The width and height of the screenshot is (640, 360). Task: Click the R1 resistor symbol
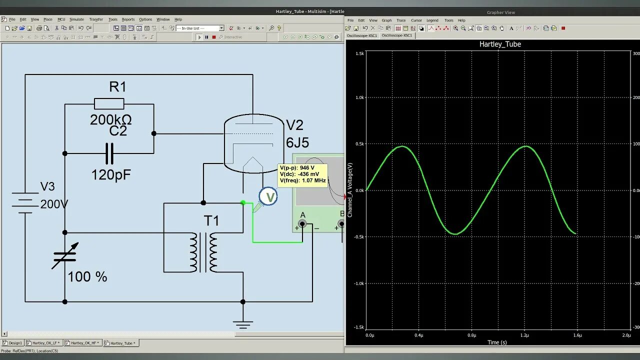coord(109,104)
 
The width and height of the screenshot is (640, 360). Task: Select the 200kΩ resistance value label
coord(111,120)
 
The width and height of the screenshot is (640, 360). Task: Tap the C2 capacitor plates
coord(109,153)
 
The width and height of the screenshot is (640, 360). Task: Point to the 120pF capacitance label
coord(111,175)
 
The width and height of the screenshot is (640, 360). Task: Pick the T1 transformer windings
coord(203,252)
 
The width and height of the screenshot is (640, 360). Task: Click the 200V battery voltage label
coord(54,204)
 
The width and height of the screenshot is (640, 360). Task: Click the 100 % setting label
coord(87,277)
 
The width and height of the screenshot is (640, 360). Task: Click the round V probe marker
coord(269,196)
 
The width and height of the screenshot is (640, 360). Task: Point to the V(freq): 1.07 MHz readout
coord(302,180)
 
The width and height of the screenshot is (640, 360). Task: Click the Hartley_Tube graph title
coord(500,44)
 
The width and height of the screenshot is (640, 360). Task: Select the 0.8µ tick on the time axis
coord(471,335)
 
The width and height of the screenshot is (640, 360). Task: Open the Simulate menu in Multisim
coord(76,19)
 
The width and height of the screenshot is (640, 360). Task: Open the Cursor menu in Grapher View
coord(416,20)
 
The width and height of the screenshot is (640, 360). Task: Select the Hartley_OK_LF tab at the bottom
coord(46,343)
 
